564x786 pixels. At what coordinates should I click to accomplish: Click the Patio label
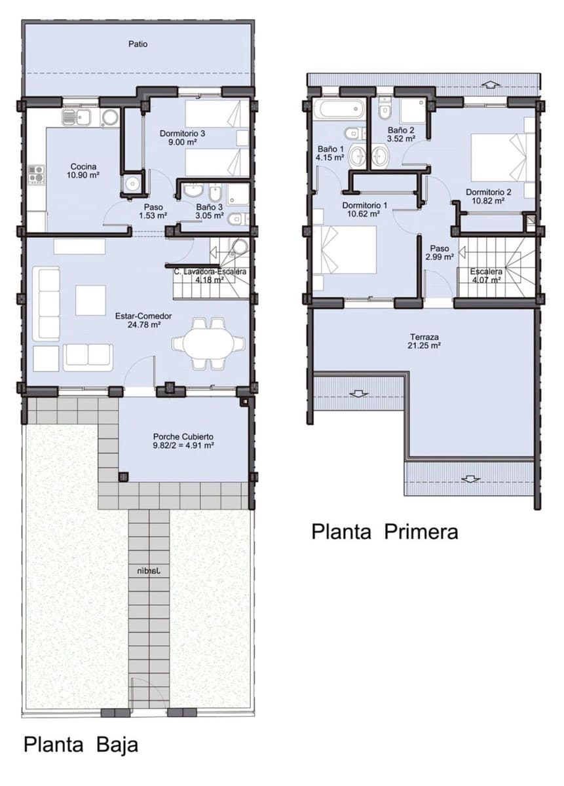point(138,45)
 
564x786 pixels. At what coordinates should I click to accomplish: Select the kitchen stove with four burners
point(35,174)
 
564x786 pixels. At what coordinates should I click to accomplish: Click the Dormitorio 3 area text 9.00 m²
point(183,142)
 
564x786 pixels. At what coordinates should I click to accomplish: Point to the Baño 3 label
point(208,206)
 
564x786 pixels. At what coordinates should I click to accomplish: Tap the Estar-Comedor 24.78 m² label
point(143,320)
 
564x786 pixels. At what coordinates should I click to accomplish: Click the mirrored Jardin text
point(149,571)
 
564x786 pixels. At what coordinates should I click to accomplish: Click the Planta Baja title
point(81,745)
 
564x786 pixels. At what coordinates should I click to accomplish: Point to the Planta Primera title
point(385,531)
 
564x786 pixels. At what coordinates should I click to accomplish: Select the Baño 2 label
point(401,134)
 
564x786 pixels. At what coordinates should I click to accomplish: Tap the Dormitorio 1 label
point(365,209)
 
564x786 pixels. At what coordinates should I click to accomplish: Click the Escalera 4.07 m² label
point(485,275)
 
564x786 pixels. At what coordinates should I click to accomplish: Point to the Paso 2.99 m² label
point(439,253)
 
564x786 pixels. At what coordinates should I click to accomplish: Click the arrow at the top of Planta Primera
point(490,83)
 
